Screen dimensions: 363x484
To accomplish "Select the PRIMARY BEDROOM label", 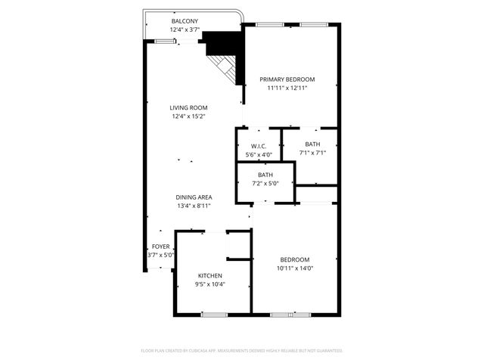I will click(x=287, y=79).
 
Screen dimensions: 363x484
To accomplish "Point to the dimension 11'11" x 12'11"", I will click(x=287, y=88).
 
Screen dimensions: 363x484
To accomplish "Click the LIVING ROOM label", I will click(x=188, y=107).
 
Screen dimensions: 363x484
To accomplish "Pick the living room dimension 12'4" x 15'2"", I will click(x=188, y=116).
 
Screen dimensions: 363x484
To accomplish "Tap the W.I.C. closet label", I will click(x=259, y=146).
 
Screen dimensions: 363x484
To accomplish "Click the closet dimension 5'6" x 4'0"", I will click(x=259, y=155).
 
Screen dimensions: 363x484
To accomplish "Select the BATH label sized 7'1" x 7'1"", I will click(x=312, y=144).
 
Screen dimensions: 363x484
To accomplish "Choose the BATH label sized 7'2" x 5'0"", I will click(x=265, y=175).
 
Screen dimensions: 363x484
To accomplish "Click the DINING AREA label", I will click(x=194, y=197).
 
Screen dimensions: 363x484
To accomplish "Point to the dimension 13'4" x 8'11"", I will click(x=194, y=206).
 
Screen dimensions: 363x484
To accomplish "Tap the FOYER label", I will click(x=160, y=247).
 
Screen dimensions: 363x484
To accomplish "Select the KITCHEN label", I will click(x=210, y=275).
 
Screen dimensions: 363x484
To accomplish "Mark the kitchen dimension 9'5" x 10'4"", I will click(x=210, y=284).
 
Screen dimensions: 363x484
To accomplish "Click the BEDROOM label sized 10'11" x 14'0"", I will click(x=295, y=259).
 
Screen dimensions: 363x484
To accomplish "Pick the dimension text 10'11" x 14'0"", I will click(x=295, y=268).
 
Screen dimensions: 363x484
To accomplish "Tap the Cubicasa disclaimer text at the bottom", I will click(x=242, y=351).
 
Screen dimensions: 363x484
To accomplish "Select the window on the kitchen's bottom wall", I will click(x=215, y=314).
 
